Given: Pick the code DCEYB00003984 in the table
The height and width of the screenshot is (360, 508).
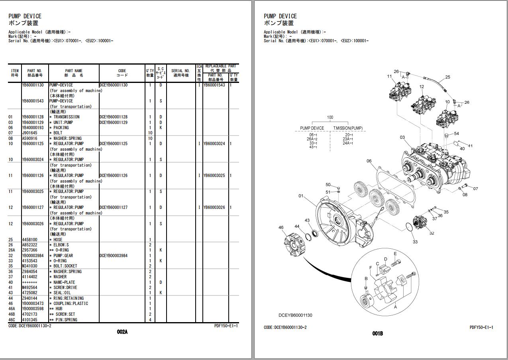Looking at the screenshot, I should (x=114, y=256).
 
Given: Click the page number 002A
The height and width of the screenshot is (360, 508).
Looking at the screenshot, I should (x=122, y=332).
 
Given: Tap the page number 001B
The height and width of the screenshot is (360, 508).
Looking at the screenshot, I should (x=377, y=333).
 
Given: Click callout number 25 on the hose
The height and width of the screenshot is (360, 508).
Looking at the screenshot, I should (x=447, y=77).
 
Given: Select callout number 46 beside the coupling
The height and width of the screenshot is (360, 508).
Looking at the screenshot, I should (x=281, y=228).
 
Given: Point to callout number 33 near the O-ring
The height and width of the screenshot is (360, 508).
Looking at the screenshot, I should (x=415, y=242).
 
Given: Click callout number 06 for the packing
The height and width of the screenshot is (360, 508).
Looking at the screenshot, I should (x=369, y=161).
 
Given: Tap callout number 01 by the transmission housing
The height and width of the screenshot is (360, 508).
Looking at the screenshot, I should (x=301, y=196).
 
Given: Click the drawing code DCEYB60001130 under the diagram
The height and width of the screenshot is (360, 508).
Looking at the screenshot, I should (x=295, y=315).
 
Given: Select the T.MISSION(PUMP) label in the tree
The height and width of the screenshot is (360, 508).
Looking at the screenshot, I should (x=348, y=128).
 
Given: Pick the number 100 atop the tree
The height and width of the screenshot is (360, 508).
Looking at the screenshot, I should (x=330, y=118).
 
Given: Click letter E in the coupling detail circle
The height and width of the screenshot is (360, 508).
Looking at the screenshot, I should (x=395, y=254).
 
